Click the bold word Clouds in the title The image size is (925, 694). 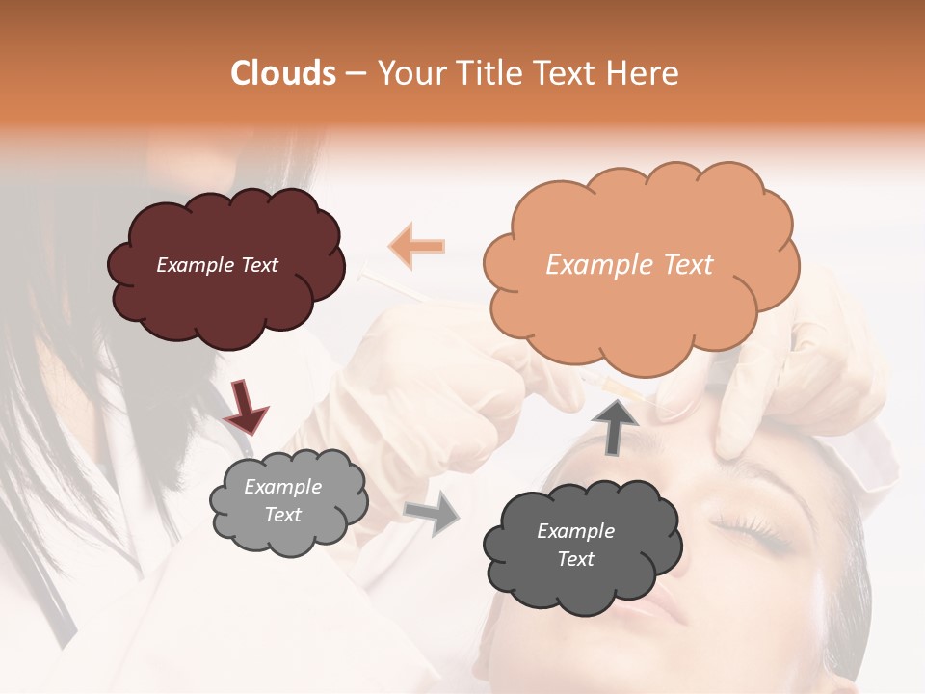pyautogui.click(x=282, y=73)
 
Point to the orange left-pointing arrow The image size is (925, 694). pyautogui.click(x=416, y=246)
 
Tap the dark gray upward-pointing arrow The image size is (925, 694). pyautogui.click(x=614, y=425)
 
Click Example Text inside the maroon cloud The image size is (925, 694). pyautogui.click(x=217, y=265)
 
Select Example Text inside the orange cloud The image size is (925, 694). pyautogui.click(x=629, y=265)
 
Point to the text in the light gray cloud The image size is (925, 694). pyautogui.click(x=283, y=501)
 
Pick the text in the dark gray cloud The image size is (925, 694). pyautogui.click(x=575, y=545)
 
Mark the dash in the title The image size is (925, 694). pyautogui.click(x=355, y=73)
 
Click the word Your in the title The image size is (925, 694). pyautogui.click(x=408, y=73)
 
